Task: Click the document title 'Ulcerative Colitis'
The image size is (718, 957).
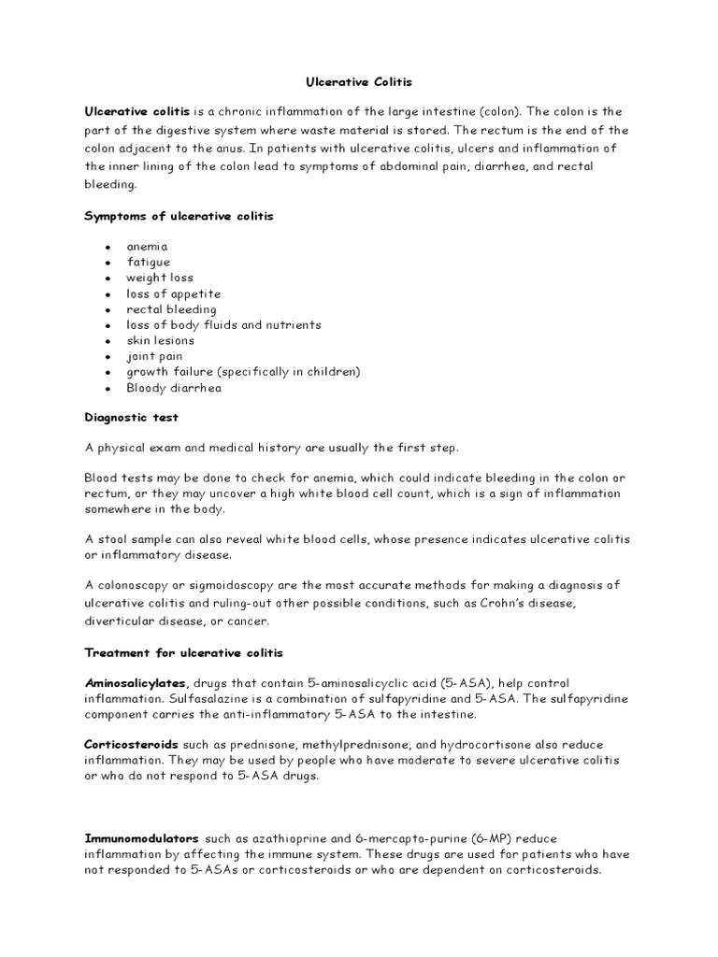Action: point(360,82)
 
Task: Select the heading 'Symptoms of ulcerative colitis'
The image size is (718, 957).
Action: point(179,217)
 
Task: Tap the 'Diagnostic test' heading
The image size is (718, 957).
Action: point(132,419)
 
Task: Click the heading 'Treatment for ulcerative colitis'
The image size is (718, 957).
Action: point(183,651)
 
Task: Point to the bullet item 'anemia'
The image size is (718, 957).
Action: point(148,247)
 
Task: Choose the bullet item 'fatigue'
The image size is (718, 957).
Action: point(149,263)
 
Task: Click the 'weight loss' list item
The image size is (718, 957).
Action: point(160,278)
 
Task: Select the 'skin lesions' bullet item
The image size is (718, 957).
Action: point(161,340)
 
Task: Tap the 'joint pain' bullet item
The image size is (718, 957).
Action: point(155,356)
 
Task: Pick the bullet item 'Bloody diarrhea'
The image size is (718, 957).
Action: point(174,388)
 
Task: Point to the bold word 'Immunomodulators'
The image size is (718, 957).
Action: point(141,838)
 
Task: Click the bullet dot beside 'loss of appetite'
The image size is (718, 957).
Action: point(108,294)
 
